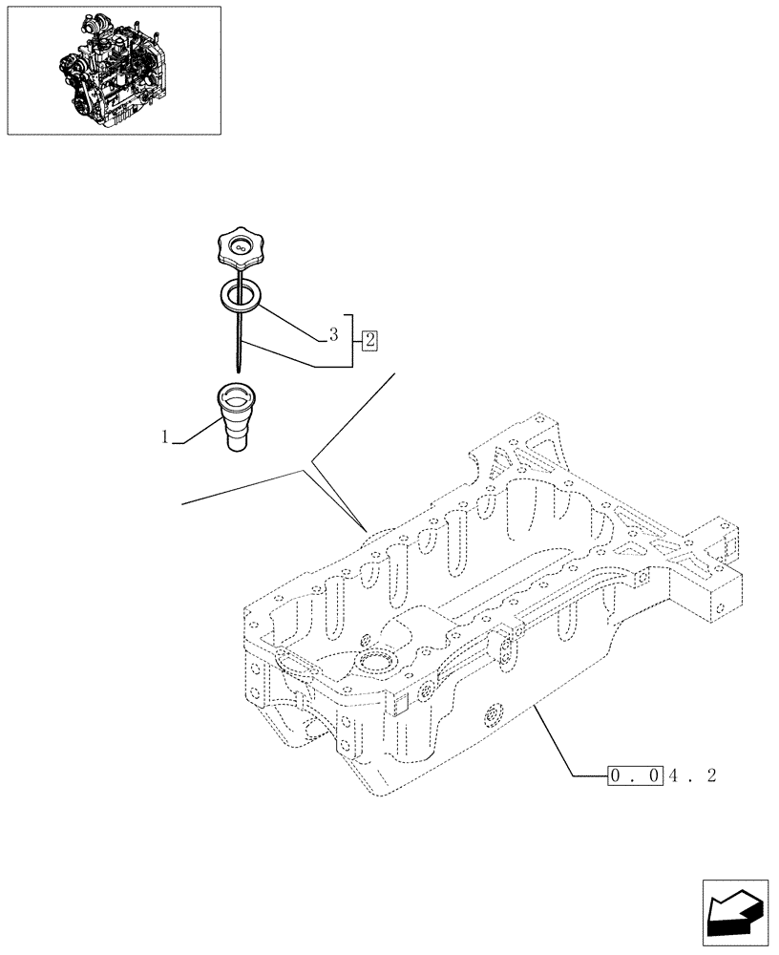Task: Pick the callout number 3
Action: [x=333, y=334]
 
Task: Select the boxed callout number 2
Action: [x=369, y=339]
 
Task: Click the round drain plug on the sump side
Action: [x=494, y=713]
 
